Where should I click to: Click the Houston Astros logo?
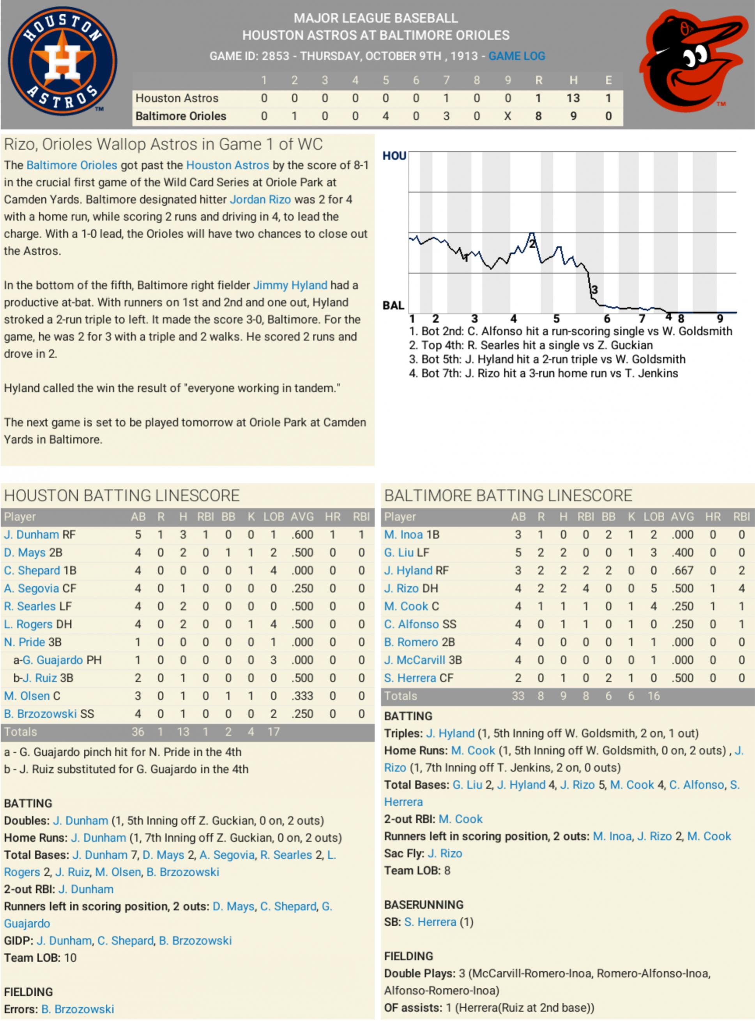pos(63,60)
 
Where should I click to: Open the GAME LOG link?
pos(516,56)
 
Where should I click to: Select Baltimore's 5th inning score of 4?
pos(386,116)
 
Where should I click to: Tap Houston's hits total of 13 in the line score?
pos(573,98)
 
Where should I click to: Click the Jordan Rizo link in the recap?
pos(260,200)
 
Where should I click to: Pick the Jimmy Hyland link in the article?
pos(290,285)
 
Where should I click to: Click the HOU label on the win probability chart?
pos(394,156)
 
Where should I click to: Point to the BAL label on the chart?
pos(393,305)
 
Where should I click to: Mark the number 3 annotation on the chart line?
pos(594,290)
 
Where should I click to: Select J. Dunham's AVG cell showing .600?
pos(302,535)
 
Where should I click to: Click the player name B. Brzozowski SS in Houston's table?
pos(49,714)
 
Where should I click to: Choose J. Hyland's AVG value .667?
pos(683,570)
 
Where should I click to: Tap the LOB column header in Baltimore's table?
pos(654,517)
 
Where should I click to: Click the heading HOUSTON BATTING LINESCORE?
pos(122,496)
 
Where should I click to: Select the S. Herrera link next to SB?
pos(430,922)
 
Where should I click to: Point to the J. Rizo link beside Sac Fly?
pos(445,853)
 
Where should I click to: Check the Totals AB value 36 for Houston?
pos(138,732)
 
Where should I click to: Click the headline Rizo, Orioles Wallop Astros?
pos(163,144)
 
